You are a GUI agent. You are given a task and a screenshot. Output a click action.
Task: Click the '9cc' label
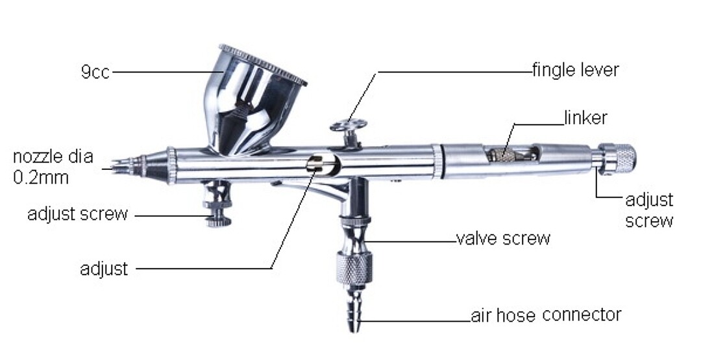pyautogui.click(x=95, y=72)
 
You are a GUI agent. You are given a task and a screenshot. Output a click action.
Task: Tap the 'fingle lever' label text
pyautogui.click(x=575, y=69)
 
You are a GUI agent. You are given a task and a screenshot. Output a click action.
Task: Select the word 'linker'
pyautogui.click(x=585, y=118)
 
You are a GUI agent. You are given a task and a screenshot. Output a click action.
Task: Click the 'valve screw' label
pyautogui.click(x=503, y=238)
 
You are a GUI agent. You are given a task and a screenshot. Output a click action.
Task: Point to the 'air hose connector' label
pyautogui.click(x=546, y=315)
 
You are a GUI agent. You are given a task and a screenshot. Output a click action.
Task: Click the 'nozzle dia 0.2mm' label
pyautogui.click(x=53, y=167)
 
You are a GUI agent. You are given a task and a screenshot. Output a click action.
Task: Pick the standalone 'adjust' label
pyautogui.click(x=104, y=269)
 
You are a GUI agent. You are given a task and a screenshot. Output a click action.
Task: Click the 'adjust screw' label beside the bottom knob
pyautogui.click(x=78, y=214)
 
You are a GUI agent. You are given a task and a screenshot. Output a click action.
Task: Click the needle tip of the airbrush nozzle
pyautogui.click(x=114, y=168)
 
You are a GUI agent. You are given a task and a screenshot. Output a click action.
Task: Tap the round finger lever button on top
pyautogui.click(x=349, y=125)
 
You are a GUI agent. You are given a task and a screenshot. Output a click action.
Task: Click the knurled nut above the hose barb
pyautogui.click(x=354, y=268)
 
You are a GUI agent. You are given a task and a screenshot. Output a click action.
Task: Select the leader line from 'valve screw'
pyautogui.click(x=412, y=242)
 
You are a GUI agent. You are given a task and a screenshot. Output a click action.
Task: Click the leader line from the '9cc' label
pyautogui.click(x=167, y=71)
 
